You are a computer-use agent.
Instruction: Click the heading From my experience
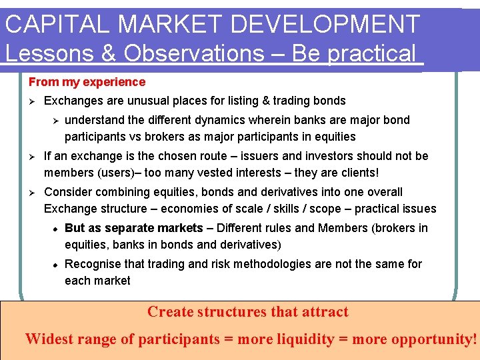pyautogui.click(x=87, y=82)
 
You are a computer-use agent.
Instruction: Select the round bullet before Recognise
pyautogui.click(x=56, y=265)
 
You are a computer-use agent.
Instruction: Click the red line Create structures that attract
pyautogui.click(x=247, y=311)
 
